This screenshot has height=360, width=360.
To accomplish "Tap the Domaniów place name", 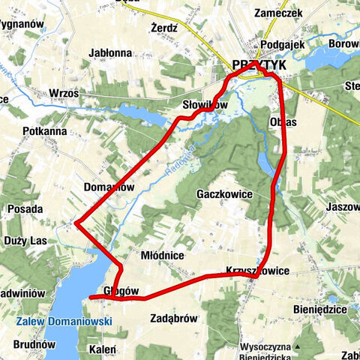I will (109, 187).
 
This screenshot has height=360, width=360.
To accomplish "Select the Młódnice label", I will (162, 255).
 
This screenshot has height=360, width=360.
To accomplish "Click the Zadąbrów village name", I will (173, 318).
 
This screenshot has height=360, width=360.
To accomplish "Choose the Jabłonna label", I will (109, 53).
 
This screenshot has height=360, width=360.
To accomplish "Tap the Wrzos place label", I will (63, 92).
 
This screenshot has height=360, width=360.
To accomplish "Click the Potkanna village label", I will (46, 130).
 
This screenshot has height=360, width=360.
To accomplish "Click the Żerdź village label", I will (163, 27).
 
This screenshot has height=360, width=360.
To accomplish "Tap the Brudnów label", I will (34, 344).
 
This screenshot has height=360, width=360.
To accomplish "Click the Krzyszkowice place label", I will (256, 270).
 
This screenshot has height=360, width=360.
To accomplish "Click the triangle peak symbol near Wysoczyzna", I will (298, 346).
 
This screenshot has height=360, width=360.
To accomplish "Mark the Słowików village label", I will (204, 105).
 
